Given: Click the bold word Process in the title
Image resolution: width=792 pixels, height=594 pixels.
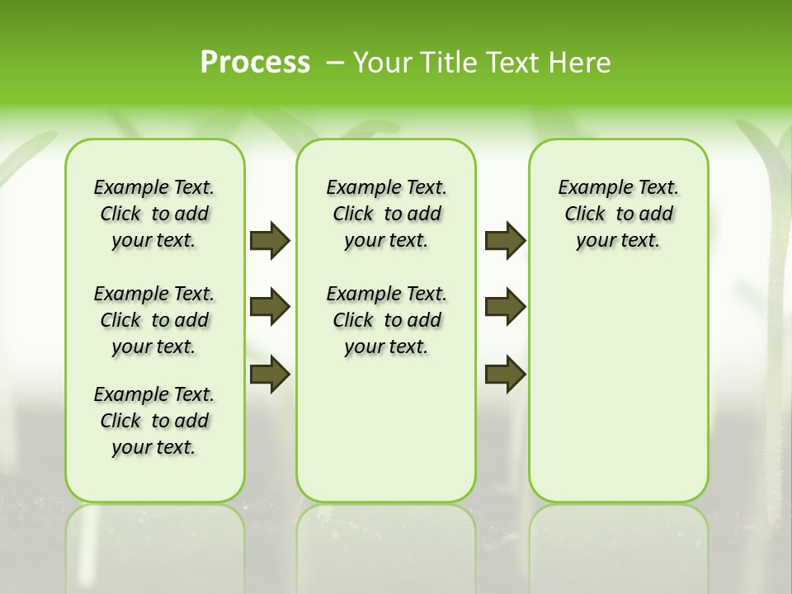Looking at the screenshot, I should click(x=255, y=62).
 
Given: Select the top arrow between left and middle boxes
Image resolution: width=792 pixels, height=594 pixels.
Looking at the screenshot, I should click(x=270, y=240).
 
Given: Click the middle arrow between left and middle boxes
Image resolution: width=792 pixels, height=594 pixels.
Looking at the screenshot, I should click(x=270, y=307).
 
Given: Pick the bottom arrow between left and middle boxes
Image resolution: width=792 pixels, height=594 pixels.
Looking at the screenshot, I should click(x=270, y=374).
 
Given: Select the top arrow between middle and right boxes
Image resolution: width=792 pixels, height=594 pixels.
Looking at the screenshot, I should click(x=505, y=240).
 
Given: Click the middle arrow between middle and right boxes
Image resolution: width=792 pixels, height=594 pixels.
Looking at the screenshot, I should click(x=505, y=307).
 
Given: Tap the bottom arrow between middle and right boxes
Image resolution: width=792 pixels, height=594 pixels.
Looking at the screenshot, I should click(x=505, y=374).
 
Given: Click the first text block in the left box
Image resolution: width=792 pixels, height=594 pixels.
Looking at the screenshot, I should click(x=154, y=214).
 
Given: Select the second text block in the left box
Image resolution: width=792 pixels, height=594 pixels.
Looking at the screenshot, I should click(x=154, y=320).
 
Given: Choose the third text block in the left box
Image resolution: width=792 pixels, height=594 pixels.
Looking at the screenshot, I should click(x=154, y=421).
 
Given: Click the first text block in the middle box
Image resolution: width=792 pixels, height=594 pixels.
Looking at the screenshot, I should click(x=387, y=214).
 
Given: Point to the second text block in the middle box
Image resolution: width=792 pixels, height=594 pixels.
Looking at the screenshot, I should click(x=387, y=320).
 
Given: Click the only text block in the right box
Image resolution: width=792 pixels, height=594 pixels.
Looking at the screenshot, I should click(x=619, y=214).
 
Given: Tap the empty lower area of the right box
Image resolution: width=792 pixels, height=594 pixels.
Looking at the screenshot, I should click(x=619, y=396).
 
